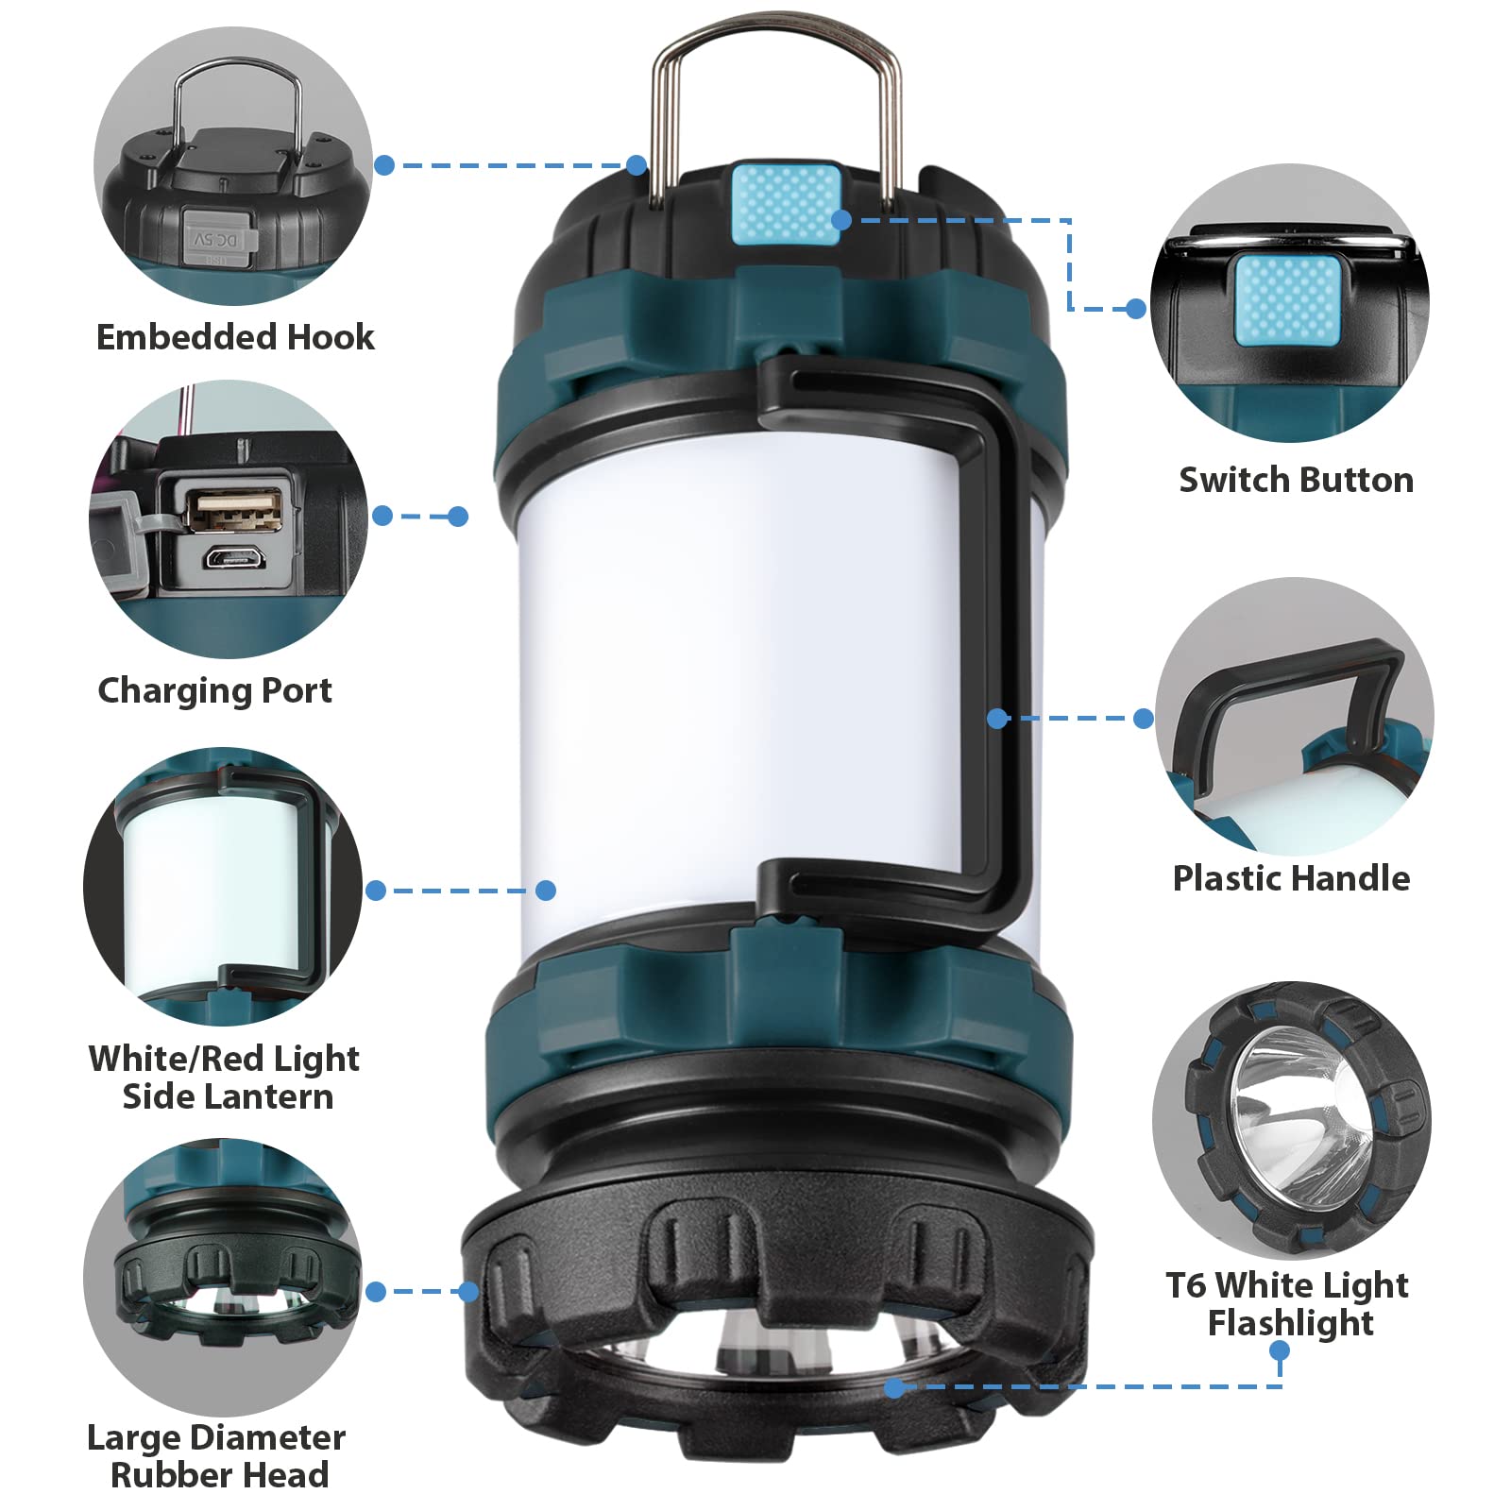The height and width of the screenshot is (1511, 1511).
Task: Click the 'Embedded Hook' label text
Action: (x=235, y=337)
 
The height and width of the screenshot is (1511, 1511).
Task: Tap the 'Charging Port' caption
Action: (x=215, y=690)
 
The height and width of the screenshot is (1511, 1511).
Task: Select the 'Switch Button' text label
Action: (x=1296, y=480)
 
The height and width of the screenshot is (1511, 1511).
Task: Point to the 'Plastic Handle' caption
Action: (x=1291, y=878)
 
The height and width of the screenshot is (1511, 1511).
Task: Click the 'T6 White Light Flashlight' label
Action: (x=1288, y=1303)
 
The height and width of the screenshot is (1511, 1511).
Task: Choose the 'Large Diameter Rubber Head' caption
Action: (x=217, y=1455)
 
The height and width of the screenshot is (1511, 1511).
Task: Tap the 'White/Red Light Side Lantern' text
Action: (x=225, y=1077)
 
